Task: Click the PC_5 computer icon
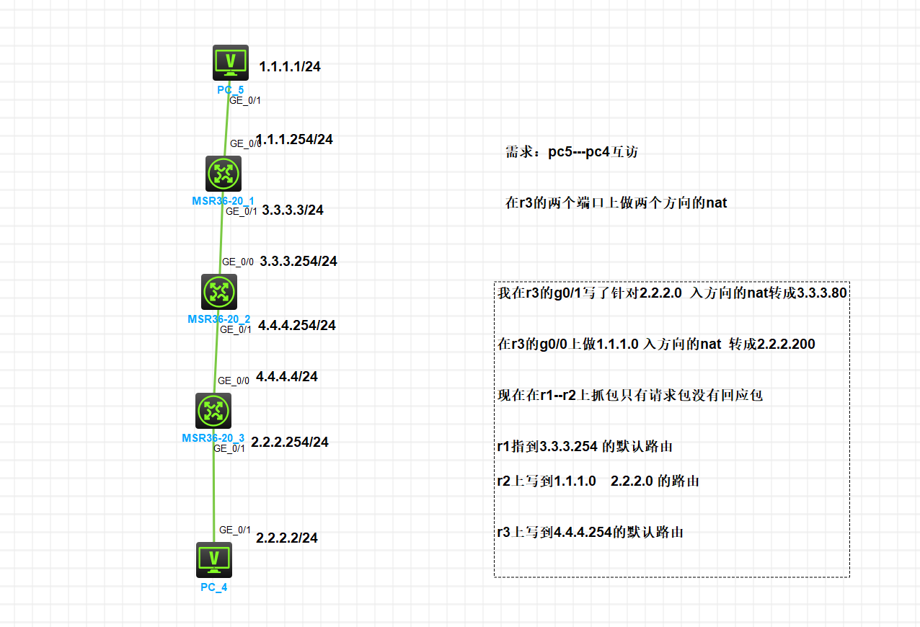coord(230,63)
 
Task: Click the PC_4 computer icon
coord(214,560)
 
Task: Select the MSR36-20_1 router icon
coord(223,174)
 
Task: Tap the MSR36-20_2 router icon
coord(219,292)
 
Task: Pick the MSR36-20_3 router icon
coord(213,411)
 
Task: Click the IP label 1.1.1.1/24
coord(290,67)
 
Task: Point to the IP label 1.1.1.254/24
coord(295,139)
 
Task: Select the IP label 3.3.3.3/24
coord(293,210)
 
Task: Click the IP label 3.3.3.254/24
coord(298,262)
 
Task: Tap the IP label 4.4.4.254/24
coord(297,326)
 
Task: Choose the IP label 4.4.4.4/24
coord(287,376)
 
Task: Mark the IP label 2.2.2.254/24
coord(290,442)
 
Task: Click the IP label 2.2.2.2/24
coord(287,538)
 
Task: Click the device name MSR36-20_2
coord(219,319)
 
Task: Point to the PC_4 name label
coord(214,587)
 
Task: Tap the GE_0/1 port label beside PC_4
coord(235,530)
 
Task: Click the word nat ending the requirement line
coord(716,203)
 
